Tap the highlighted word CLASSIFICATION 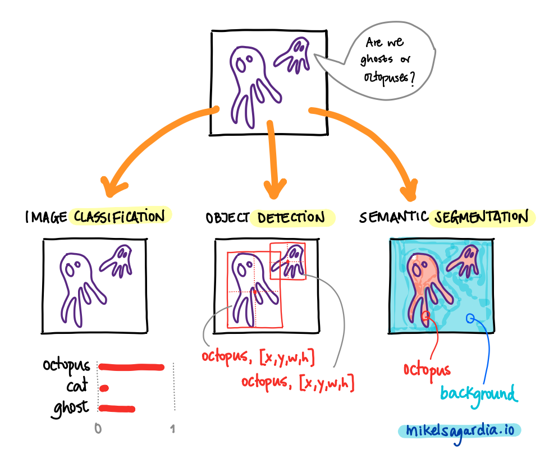(x=120, y=217)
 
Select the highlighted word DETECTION (x=292, y=218)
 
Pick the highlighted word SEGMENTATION (x=479, y=218)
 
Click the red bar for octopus (x=131, y=368)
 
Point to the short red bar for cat (x=104, y=388)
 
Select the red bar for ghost (x=117, y=409)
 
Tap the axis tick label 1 (x=173, y=430)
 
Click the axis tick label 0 (x=98, y=430)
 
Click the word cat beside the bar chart (x=76, y=387)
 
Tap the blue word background (x=478, y=393)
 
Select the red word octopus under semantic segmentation (x=427, y=369)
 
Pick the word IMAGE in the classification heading (x=46, y=217)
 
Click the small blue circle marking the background (x=470, y=319)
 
